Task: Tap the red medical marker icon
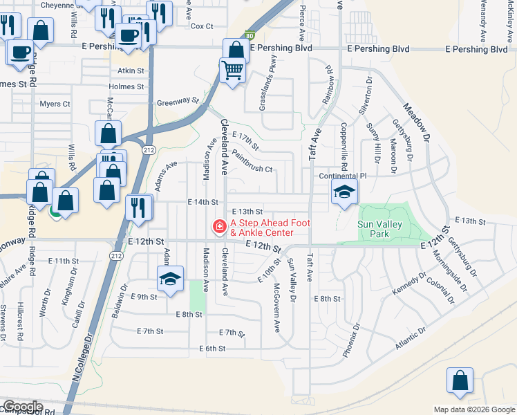219,226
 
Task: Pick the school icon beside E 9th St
170,279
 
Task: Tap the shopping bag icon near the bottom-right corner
460,380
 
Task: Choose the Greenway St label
178,100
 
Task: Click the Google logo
22,407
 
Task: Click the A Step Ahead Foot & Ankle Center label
270,227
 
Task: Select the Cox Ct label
202,26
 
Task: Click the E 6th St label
212,349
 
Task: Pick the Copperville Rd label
344,147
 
